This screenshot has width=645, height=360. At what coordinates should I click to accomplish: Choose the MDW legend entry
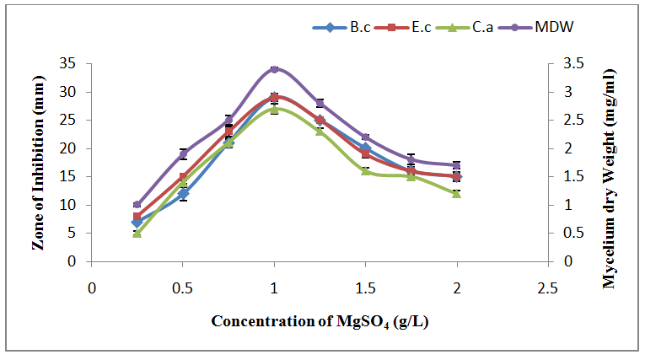click(540, 27)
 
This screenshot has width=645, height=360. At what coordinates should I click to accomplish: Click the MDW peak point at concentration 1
click(274, 69)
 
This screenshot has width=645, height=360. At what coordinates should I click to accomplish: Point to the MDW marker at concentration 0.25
click(137, 205)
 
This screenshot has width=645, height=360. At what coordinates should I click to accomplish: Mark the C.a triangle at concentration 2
click(456, 193)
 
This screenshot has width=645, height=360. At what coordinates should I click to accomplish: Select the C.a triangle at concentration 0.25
click(137, 233)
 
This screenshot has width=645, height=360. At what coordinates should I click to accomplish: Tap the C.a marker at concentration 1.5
click(365, 170)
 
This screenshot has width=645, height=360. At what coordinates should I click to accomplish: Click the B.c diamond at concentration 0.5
click(183, 193)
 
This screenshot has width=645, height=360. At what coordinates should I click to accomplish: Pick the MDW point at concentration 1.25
click(320, 103)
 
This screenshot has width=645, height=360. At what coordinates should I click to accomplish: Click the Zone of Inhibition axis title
click(37, 162)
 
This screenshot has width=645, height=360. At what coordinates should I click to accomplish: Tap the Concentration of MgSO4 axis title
click(320, 321)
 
